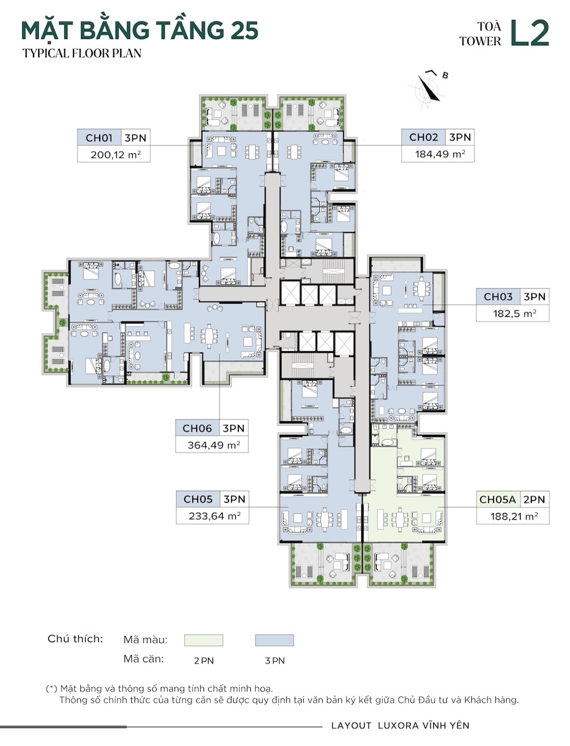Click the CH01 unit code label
[99, 138]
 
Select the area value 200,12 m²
[116, 154]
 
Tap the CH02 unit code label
[423, 137]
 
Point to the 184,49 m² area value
[440, 154]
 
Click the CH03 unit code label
[498, 296]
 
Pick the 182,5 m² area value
[515, 313]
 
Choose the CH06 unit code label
[197, 428]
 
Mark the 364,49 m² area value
[214, 445]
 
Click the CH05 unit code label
[198, 499]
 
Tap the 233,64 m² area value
[214, 516]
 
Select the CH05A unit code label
[498, 500]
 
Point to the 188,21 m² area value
[514, 516]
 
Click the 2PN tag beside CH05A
[534, 500]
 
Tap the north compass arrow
[429, 88]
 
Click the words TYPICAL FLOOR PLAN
[82, 54]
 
